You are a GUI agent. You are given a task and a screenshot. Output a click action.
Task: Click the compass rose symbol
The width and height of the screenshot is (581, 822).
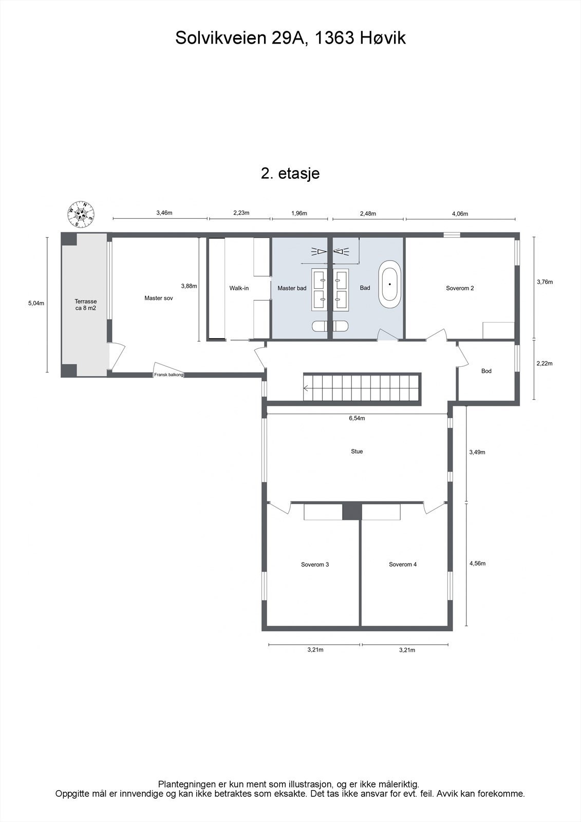(81, 214)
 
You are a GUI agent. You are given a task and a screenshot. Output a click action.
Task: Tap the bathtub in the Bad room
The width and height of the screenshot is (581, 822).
(390, 284)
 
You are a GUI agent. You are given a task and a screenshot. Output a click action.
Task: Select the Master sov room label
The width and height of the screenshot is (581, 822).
(158, 298)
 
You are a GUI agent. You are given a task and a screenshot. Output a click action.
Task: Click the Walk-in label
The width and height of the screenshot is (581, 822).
(239, 288)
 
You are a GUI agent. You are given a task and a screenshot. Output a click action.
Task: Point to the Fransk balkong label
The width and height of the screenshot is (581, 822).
(168, 375)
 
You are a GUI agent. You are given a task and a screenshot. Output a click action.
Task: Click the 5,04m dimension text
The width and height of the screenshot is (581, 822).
(36, 303)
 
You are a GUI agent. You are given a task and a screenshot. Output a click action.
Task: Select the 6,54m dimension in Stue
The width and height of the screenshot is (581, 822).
(357, 418)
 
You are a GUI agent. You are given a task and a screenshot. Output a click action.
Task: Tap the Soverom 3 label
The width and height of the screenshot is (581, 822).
(315, 564)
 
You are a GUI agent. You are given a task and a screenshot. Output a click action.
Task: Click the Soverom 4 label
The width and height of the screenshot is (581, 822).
(403, 564)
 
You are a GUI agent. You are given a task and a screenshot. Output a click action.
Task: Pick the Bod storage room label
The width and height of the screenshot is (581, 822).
(486, 371)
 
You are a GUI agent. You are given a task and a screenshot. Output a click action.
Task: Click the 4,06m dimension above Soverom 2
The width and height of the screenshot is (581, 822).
(460, 214)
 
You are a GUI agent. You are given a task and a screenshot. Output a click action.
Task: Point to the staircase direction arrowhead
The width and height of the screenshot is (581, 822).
(306, 389)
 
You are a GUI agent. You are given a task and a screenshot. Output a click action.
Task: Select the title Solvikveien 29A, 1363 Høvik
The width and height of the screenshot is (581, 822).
(290, 38)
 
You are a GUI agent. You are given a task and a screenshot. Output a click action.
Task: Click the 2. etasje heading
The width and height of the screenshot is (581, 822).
(290, 173)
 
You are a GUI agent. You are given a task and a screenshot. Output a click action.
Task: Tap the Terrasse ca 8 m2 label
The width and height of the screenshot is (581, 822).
(85, 305)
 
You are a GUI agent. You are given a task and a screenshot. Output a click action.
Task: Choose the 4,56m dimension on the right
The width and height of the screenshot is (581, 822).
(477, 563)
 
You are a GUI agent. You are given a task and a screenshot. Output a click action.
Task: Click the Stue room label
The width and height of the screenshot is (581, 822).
(357, 451)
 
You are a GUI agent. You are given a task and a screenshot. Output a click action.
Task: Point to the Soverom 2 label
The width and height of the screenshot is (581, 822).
(460, 288)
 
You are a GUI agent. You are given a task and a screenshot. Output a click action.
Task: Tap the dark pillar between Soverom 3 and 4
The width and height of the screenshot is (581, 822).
(352, 512)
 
